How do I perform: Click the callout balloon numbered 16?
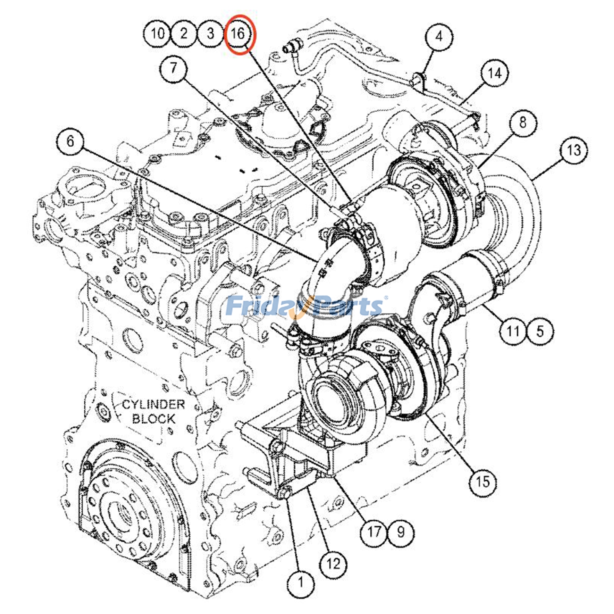[238, 34]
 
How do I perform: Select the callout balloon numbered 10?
[157, 34]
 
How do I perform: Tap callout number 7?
[173, 68]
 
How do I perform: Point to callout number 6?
[70, 141]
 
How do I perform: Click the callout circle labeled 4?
[439, 36]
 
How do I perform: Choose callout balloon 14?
[494, 73]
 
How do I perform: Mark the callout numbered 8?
[523, 123]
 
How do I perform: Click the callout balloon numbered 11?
[513, 330]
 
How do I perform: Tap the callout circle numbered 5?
[540, 330]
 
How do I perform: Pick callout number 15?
[483, 481]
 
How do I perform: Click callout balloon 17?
[374, 532]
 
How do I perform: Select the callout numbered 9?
[400, 532]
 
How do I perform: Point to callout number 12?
[333, 564]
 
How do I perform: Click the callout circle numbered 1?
[301, 582]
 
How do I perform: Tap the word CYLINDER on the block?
[153, 404]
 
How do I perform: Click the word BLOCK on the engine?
[153, 419]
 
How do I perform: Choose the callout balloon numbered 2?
[184, 34]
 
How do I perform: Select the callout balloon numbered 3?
[210, 34]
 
